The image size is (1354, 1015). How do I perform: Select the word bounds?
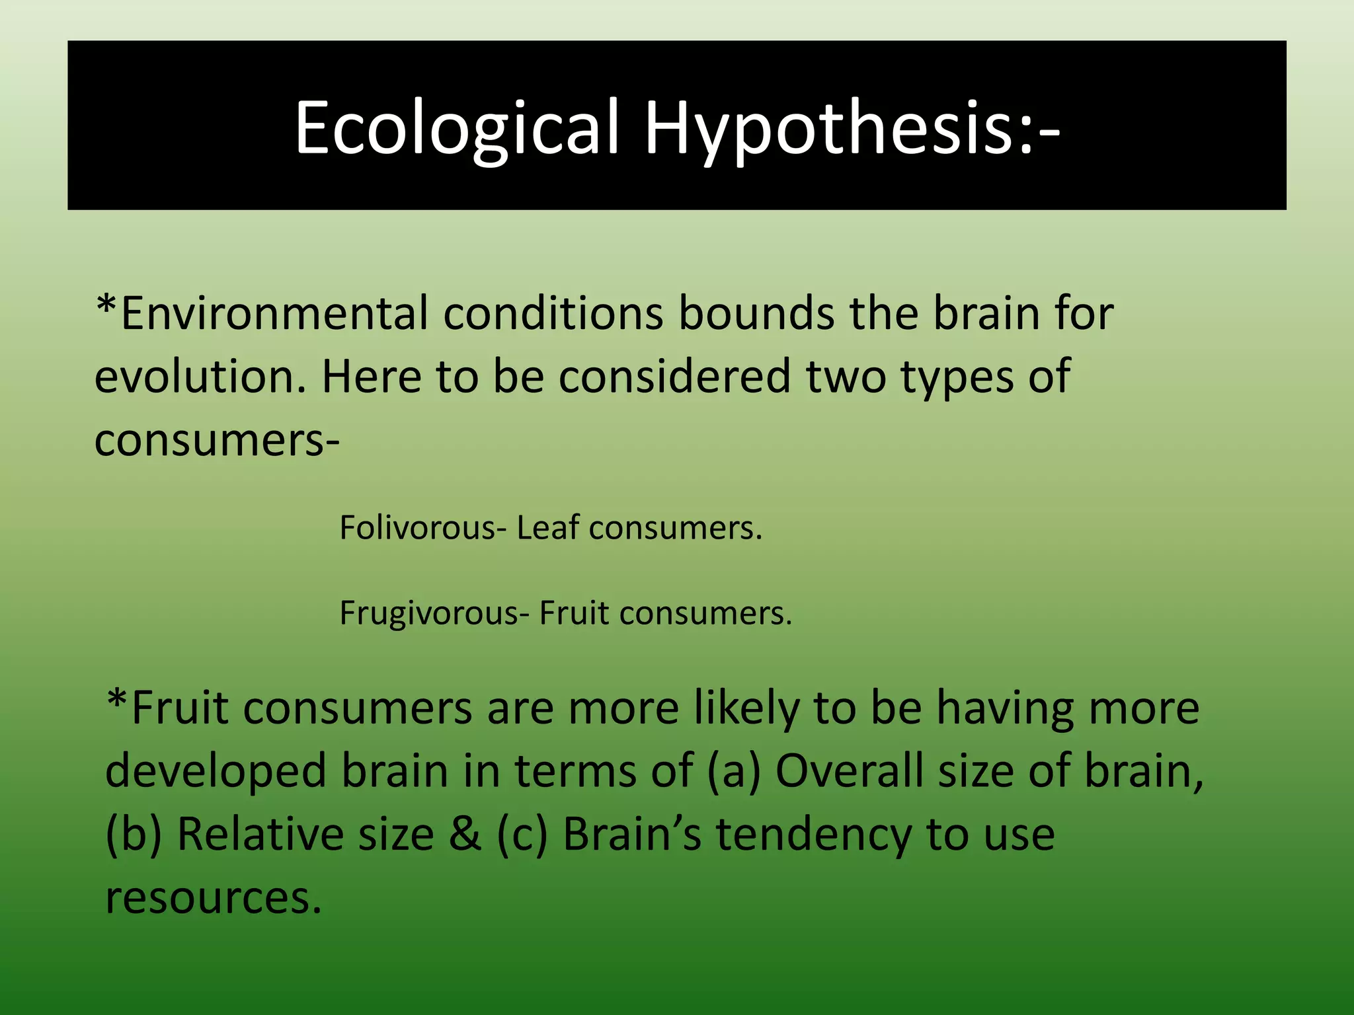pos(756,313)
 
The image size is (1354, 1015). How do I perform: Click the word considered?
pos(674,377)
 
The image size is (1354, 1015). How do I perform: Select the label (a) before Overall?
pos(734,772)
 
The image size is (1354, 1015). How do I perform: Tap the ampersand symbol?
pos(465,834)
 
